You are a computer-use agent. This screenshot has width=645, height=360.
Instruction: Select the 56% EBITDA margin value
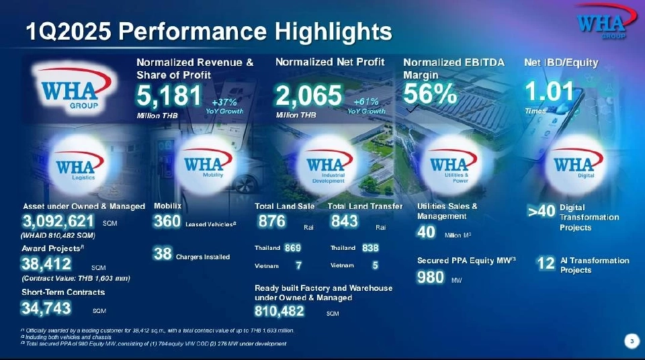click(431, 95)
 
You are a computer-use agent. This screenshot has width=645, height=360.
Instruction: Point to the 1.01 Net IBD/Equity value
click(549, 91)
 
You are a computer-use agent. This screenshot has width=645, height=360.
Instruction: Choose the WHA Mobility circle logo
click(203, 164)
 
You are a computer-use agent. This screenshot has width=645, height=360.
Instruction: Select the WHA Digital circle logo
click(572, 165)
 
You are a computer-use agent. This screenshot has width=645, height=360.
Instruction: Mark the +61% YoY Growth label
click(367, 106)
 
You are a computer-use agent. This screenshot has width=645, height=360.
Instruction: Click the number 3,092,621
click(58, 222)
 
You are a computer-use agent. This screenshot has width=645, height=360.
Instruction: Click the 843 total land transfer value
click(345, 222)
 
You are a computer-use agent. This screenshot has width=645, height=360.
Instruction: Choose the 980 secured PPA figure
click(430, 277)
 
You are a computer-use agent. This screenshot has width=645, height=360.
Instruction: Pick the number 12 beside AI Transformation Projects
click(546, 264)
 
